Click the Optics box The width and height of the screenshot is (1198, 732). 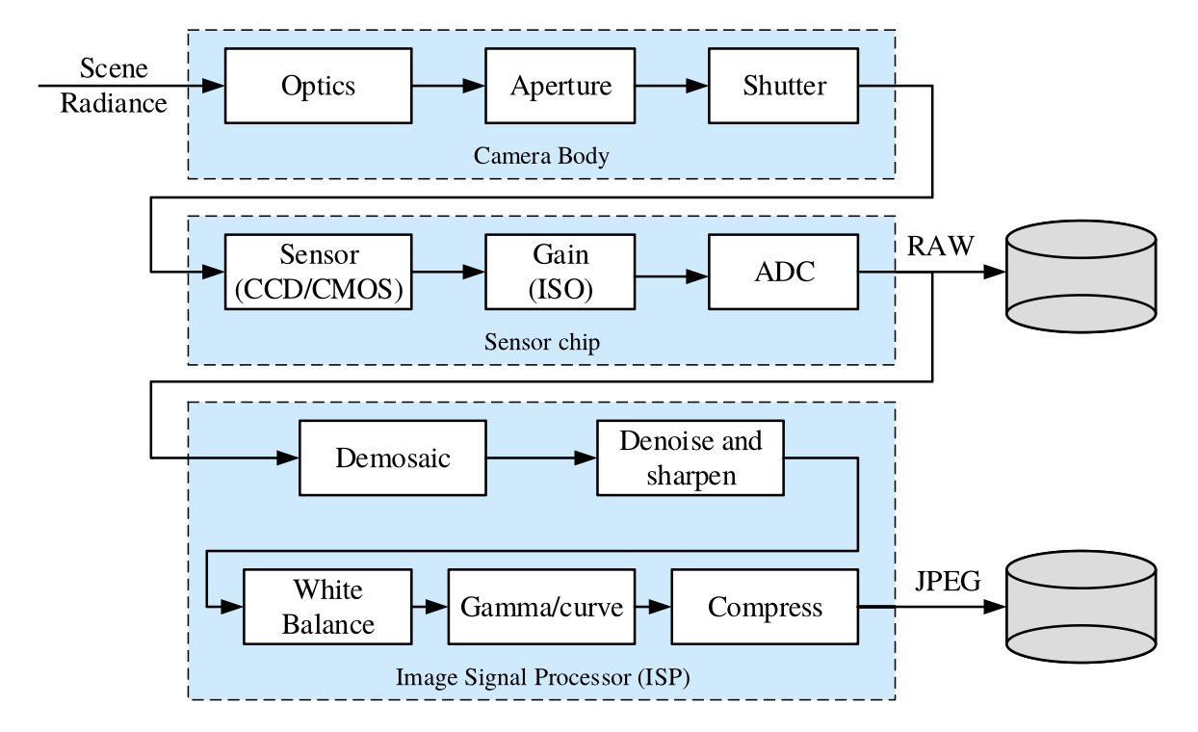(x=318, y=86)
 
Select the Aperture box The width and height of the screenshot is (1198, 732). (x=560, y=86)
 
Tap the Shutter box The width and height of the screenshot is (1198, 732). (x=784, y=86)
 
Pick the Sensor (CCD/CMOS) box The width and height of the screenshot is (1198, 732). (x=318, y=273)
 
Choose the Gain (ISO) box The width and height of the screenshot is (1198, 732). (x=560, y=273)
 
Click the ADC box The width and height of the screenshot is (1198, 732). (x=784, y=273)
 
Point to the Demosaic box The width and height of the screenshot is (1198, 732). (x=393, y=457)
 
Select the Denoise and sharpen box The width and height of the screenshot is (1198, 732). (x=690, y=457)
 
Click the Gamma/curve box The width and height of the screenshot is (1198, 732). (x=542, y=607)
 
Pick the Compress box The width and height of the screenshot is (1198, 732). (x=765, y=607)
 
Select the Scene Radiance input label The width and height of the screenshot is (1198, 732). (x=114, y=87)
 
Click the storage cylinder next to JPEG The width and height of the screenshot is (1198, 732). (x=1081, y=608)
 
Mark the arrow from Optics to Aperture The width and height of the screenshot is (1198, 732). (x=448, y=87)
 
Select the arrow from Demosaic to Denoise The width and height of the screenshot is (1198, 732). (x=540, y=457)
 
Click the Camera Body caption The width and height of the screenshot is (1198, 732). (x=541, y=155)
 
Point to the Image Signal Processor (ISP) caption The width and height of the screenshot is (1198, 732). (x=542, y=677)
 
